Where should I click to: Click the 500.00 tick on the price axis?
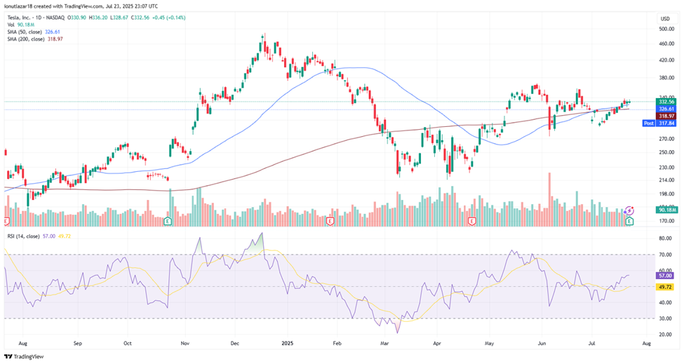pyautogui.click(x=665, y=29)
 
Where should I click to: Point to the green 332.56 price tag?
pyautogui.click(x=666, y=102)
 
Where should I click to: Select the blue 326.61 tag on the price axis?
pyautogui.click(x=666, y=109)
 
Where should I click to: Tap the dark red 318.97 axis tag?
pyautogui.click(x=666, y=116)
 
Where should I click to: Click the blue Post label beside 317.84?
pyautogui.click(x=650, y=123)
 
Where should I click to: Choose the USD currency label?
pyautogui.click(x=665, y=17)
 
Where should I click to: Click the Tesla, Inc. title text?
pyautogui.click(x=20, y=18)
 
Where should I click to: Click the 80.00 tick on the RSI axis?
pyautogui.click(x=665, y=238)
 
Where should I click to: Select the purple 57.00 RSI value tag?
pyautogui.click(x=666, y=276)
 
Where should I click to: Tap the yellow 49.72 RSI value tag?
pyautogui.click(x=666, y=287)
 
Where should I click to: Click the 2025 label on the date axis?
pyautogui.click(x=286, y=344)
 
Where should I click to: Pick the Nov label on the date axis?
pyautogui.click(x=185, y=344)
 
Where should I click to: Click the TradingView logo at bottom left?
pyautogui.click(x=25, y=356)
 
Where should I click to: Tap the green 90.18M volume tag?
pyautogui.click(x=666, y=210)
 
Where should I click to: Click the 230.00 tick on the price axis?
pyautogui.click(x=665, y=168)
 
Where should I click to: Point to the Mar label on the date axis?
pyautogui.click(x=384, y=344)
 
